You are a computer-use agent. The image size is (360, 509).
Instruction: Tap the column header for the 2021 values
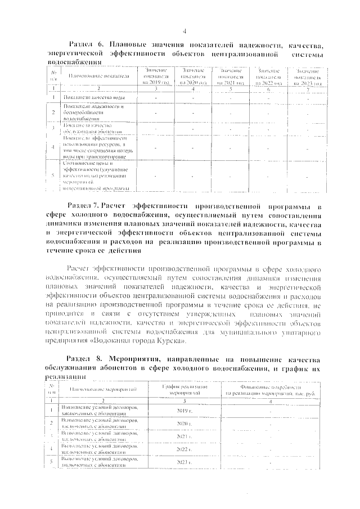pyautogui.click(x=230, y=75)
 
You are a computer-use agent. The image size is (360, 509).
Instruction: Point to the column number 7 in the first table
pyautogui.click(x=308, y=89)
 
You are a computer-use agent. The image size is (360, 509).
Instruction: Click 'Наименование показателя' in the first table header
pyautogui.click(x=99, y=75)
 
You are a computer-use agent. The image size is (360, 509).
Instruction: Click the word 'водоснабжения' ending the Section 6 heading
pyautogui.click(x=75, y=62)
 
